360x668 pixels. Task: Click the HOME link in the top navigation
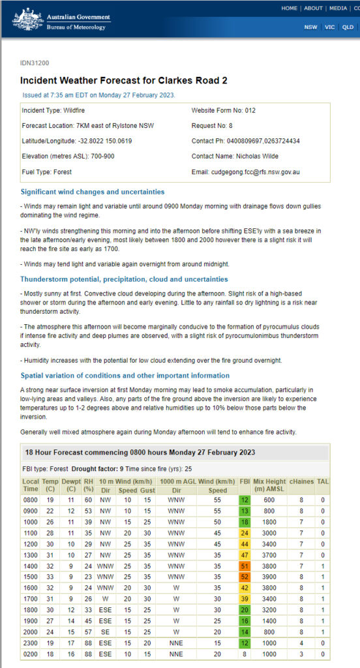tap(290, 8)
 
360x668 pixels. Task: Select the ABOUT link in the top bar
tap(313, 8)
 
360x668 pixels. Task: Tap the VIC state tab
tap(329, 27)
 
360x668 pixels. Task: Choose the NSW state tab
tap(310, 27)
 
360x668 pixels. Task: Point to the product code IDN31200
tap(35, 63)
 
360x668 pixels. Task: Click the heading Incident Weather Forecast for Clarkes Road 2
tap(124, 81)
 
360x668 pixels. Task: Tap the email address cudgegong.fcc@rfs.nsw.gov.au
tap(256, 172)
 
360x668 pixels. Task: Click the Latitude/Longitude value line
tap(77, 141)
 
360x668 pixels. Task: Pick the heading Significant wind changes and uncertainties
tap(92, 192)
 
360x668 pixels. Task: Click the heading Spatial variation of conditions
tap(125, 375)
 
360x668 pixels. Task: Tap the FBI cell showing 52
tap(245, 577)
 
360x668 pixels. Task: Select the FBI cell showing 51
tap(245, 566)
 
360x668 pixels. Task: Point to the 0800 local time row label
tap(30, 500)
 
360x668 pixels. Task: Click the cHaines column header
tap(301, 484)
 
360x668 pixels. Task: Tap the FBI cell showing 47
tap(245, 555)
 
